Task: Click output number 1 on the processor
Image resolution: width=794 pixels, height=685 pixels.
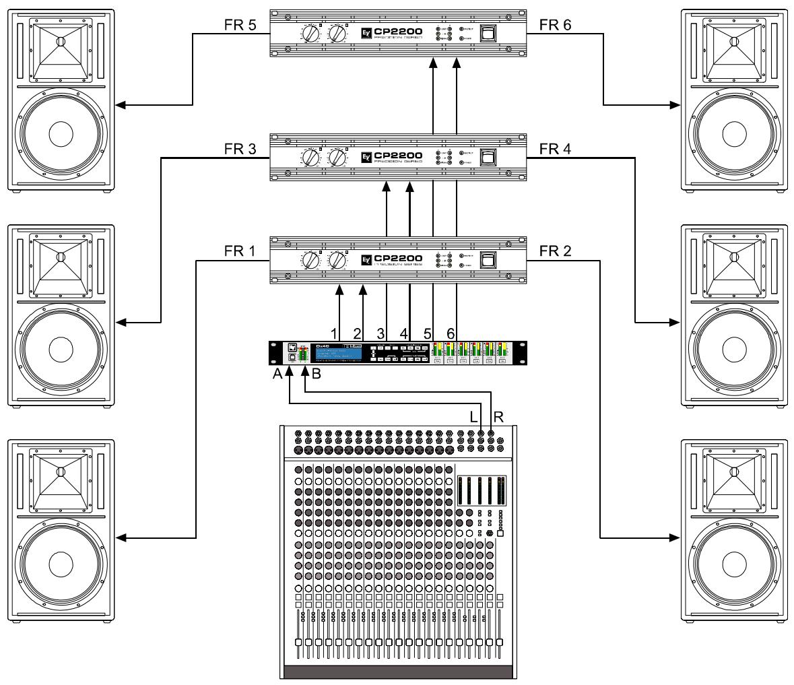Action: (334, 333)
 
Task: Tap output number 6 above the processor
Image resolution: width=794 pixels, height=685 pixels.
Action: (451, 333)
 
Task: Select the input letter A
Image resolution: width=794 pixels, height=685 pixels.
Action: (277, 376)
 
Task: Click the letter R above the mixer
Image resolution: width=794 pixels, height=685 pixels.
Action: (498, 416)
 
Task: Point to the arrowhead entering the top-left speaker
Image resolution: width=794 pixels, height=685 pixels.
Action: (120, 105)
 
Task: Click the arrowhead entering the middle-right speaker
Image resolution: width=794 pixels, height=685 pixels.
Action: (677, 323)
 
